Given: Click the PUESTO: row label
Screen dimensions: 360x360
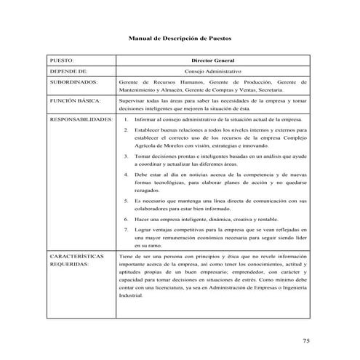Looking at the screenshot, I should (x=63, y=60).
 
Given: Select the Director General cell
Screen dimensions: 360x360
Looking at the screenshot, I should (x=212, y=60).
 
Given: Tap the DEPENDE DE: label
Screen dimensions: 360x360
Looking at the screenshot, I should (x=68, y=73).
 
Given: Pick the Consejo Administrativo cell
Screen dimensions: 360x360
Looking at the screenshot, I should (x=212, y=73).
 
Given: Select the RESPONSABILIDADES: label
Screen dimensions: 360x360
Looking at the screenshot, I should (x=81, y=118).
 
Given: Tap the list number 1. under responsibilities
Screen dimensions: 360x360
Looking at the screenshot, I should (x=127, y=118).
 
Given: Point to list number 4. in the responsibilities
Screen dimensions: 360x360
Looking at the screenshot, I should (x=127, y=175).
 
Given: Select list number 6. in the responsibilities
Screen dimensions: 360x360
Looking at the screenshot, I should (x=127, y=218).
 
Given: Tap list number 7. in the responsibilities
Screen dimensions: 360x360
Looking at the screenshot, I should (x=127, y=230).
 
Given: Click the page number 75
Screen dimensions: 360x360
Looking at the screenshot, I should (x=306, y=340).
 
